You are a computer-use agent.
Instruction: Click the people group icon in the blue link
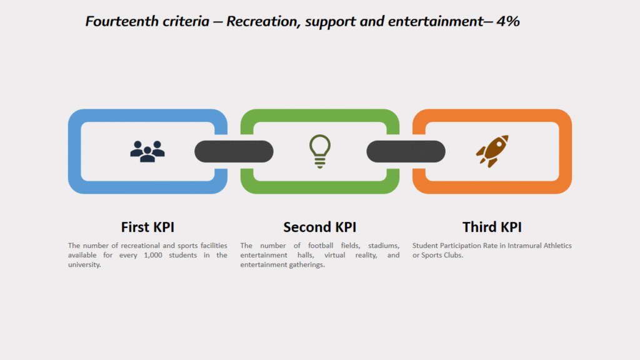[147, 151]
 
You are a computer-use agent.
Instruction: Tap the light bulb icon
[320, 151]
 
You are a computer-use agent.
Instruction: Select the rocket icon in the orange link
[492, 151]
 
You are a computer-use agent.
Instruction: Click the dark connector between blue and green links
[234, 151]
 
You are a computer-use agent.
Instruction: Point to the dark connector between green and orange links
[406, 151]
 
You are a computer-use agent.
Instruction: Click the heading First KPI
[147, 227]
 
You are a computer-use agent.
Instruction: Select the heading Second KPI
[320, 227]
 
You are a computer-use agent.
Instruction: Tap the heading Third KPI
[492, 227]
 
